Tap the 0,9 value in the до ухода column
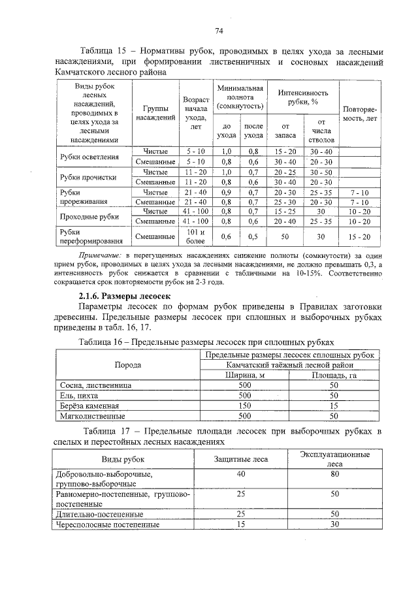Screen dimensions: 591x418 [227, 193]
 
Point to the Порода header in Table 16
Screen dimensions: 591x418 [127, 364]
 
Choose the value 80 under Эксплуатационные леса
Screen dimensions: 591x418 [335, 474]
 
